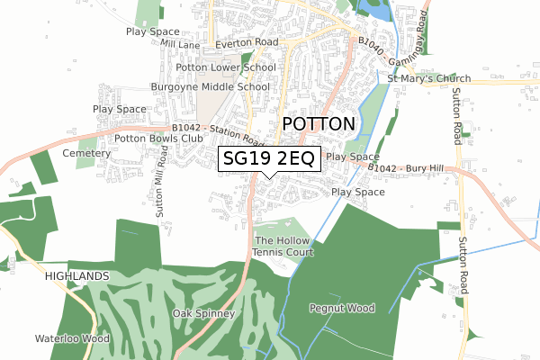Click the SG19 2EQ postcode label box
click(x=268, y=159)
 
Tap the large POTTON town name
click(x=319, y=124)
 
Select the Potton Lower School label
click(x=226, y=67)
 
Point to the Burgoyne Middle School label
click(x=211, y=87)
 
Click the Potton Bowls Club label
click(x=154, y=139)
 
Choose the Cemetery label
click(x=86, y=154)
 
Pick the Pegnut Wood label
click(x=340, y=309)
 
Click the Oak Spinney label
click(x=203, y=314)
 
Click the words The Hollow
click(x=283, y=241)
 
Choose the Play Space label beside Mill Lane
click(x=153, y=31)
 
